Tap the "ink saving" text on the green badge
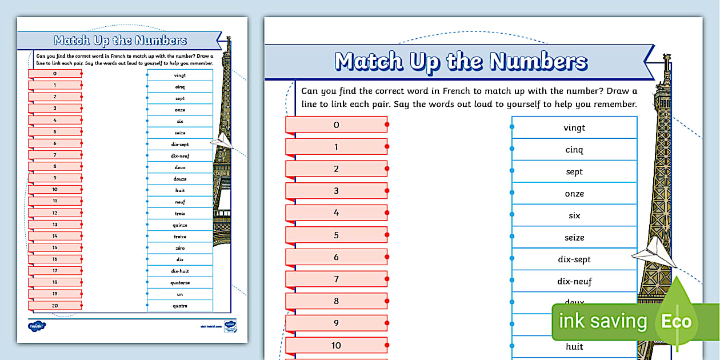click(x=602, y=321)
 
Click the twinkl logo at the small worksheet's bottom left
click(x=37, y=326)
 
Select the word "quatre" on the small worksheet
click(x=180, y=306)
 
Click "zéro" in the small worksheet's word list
click(x=180, y=248)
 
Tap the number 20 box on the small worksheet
click(x=55, y=306)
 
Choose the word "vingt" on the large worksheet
click(x=574, y=128)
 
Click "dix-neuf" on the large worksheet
click(x=574, y=281)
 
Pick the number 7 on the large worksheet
click(x=336, y=279)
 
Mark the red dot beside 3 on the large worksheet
click(x=387, y=191)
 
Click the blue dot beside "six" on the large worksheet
click(x=512, y=215)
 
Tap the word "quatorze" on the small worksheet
click(x=180, y=282)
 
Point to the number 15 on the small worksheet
click(x=55, y=247)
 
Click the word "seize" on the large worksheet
click(x=574, y=238)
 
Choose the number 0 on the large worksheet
click(x=336, y=125)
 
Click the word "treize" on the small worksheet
click(x=180, y=237)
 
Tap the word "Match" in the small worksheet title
click(x=73, y=41)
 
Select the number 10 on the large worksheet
click(x=336, y=345)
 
